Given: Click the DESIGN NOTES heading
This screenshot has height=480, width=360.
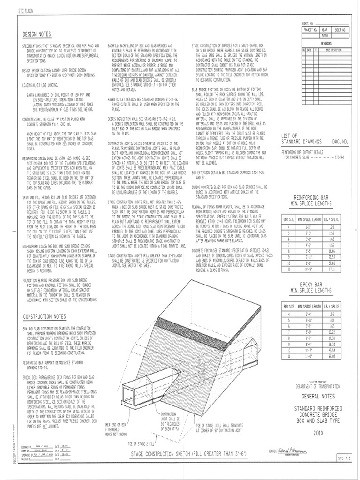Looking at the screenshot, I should coord(37,35).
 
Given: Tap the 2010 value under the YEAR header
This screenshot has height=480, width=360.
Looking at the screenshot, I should coord(325,35).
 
